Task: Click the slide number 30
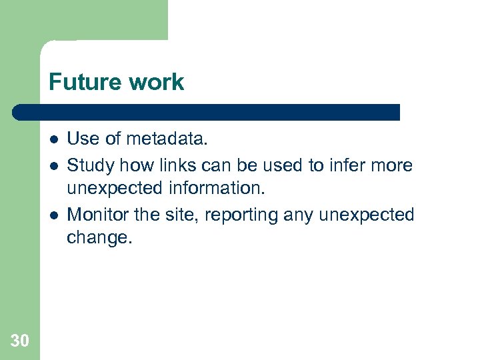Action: (20, 341)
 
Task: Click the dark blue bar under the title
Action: (207, 112)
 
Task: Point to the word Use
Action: (81, 139)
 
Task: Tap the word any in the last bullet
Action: (299, 215)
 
